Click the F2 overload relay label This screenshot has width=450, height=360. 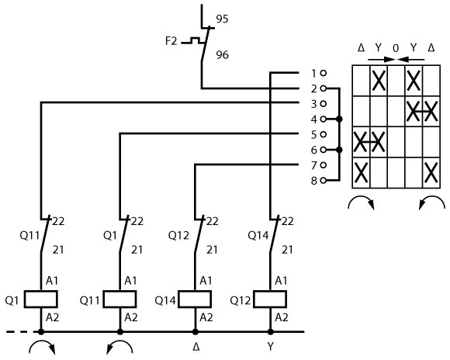click(x=171, y=41)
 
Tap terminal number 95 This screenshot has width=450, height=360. click(x=222, y=19)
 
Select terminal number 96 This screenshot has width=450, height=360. click(x=222, y=55)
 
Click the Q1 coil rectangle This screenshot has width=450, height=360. click(x=41, y=299)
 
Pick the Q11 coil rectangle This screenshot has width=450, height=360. click(x=119, y=299)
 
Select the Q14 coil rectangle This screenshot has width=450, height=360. click(x=195, y=299)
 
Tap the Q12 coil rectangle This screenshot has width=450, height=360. click(x=270, y=299)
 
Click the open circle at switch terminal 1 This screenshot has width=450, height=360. click(x=324, y=73)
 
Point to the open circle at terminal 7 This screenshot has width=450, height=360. click(x=324, y=165)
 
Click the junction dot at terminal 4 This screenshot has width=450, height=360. click(x=339, y=119)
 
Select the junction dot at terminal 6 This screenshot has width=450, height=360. click(x=339, y=150)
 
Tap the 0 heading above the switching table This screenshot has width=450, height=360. click(x=396, y=48)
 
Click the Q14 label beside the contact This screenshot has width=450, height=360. click(x=258, y=236)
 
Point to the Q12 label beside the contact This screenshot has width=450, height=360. click(x=178, y=236)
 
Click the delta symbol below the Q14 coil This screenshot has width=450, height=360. click(x=196, y=347)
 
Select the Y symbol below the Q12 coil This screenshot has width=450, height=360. click(x=270, y=347)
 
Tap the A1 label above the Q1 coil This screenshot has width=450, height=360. click(x=52, y=281)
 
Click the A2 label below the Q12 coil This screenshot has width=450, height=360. click(x=281, y=317)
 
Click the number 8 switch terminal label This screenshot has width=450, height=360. click(x=314, y=181)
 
